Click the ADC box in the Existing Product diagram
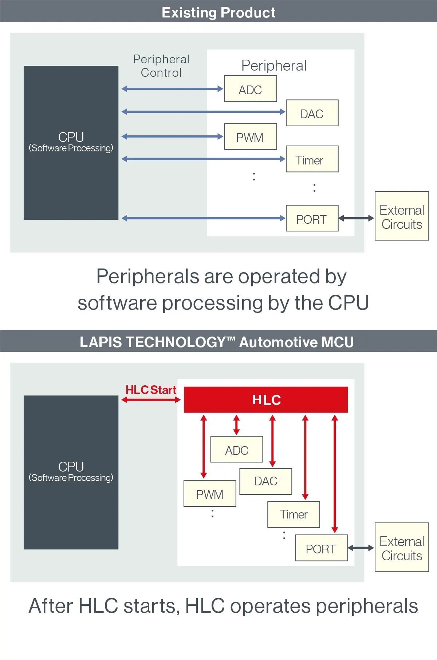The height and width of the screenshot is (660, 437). click(x=251, y=89)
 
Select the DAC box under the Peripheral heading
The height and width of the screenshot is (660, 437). click(x=312, y=113)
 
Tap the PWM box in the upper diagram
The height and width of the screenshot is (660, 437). click(x=251, y=137)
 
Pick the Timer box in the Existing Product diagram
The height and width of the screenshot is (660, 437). click(x=312, y=159)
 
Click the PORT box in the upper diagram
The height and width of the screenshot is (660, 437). click(x=312, y=218)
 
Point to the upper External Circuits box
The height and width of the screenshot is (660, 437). click(x=402, y=216)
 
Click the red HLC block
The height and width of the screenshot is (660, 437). click(x=266, y=399)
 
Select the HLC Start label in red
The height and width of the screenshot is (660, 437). click(x=151, y=390)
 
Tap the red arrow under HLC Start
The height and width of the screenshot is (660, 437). click(x=151, y=400)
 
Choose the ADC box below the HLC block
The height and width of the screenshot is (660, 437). click(x=237, y=450)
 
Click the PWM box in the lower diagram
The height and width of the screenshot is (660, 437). click(x=210, y=494)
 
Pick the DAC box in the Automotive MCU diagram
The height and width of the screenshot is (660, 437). click(x=266, y=481)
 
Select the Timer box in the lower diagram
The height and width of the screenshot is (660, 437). click(x=294, y=514)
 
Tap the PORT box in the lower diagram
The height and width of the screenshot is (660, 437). click(x=321, y=548)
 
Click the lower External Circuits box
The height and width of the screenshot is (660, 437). click(x=402, y=548)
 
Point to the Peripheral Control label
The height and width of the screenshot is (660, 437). click(x=161, y=66)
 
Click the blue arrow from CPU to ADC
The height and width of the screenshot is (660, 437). click(x=172, y=89)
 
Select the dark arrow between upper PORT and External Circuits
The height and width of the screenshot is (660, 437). click(x=356, y=218)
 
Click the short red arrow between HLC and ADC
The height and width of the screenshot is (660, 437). click(x=236, y=425)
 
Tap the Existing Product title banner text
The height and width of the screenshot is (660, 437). click(x=219, y=12)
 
